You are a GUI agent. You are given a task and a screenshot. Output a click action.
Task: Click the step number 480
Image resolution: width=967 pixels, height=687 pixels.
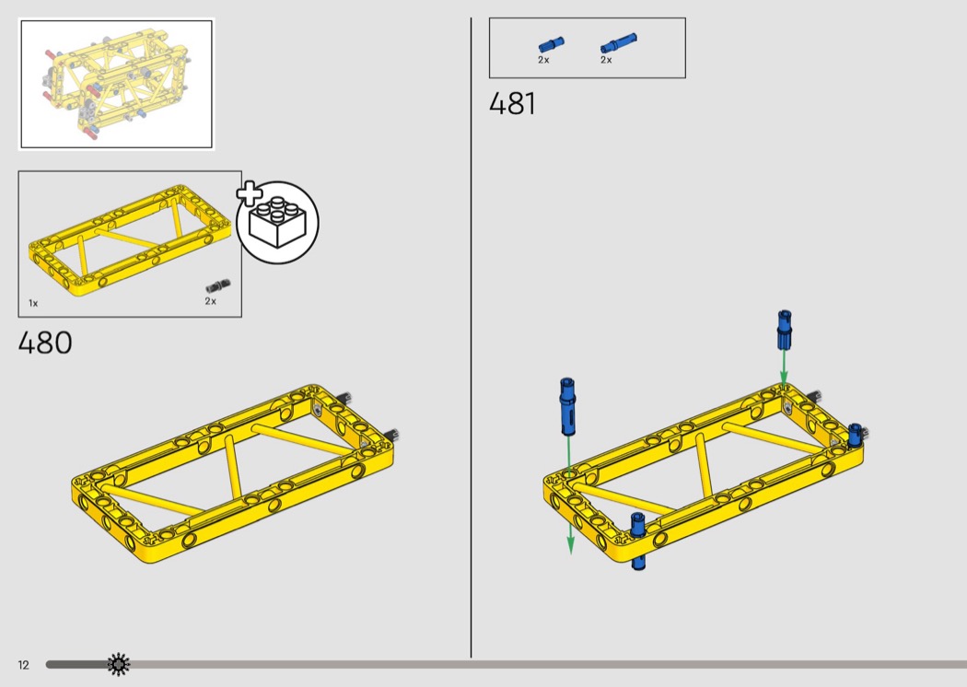pyautogui.click(x=45, y=343)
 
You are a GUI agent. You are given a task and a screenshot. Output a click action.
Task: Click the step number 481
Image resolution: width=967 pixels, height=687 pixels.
pyautogui.click(x=512, y=104)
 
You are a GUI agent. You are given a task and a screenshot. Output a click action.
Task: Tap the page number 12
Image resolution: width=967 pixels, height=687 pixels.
pyautogui.click(x=23, y=665)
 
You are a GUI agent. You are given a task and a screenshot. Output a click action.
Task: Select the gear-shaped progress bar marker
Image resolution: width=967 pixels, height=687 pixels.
pyautogui.click(x=119, y=664)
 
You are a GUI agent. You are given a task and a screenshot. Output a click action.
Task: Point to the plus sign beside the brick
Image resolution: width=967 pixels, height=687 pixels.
pyautogui.click(x=250, y=193)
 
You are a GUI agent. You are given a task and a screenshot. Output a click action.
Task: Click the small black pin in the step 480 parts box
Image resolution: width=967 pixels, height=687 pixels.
pyautogui.click(x=217, y=285)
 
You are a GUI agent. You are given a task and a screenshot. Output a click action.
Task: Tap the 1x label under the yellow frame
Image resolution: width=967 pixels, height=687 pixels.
pyautogui.click(x=33, y=303)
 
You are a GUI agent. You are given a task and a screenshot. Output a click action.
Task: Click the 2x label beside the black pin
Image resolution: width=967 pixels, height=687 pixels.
pyautogui.click(x=211, y=301)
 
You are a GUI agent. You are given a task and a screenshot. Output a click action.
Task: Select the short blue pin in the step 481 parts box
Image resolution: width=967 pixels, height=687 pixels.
pyautogui.click(x=551, y=45)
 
